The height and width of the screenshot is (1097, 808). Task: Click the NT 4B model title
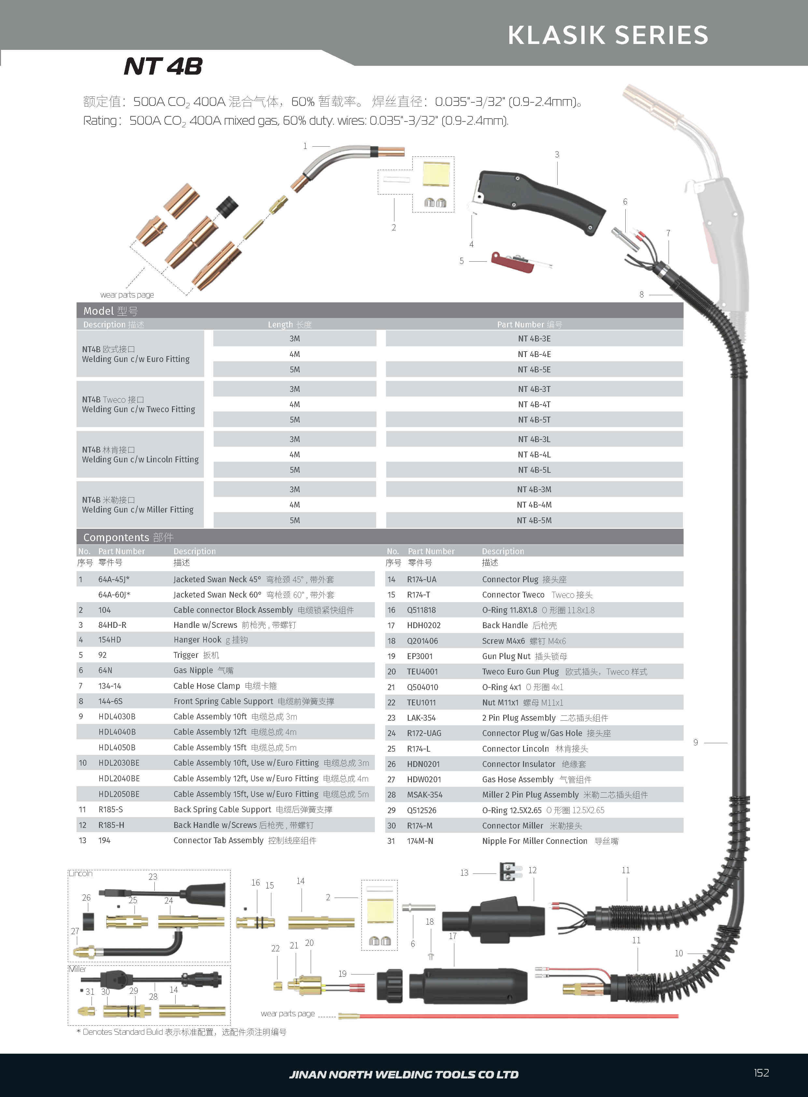(163, 66)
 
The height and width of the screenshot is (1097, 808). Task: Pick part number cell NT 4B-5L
(534, 470)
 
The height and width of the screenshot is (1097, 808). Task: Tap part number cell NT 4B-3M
(534, 490)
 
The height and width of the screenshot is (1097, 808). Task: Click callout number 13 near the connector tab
(464, 873)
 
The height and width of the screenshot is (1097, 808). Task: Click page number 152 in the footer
(761, 1073)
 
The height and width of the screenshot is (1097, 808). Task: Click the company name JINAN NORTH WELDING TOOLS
(404, 1075)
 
